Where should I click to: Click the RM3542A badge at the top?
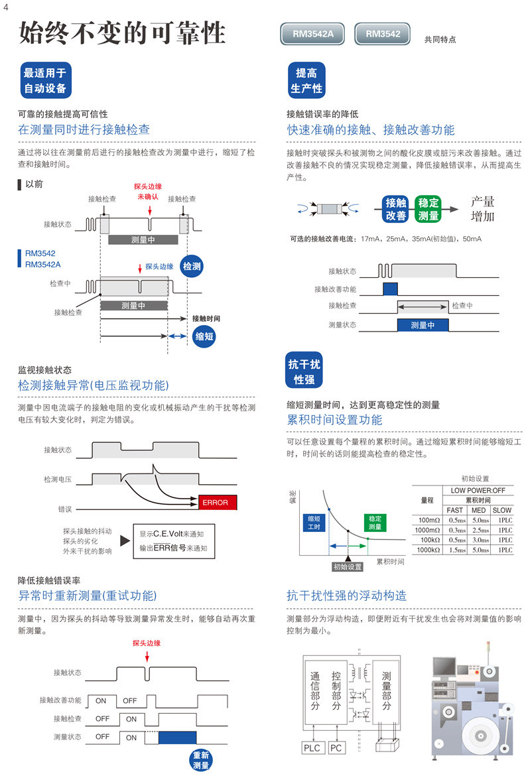click(313, 34)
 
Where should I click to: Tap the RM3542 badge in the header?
click(383, 34)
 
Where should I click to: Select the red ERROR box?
click(218, 502)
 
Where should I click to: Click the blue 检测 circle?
click(192, 267)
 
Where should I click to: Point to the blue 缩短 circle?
click(204, 337)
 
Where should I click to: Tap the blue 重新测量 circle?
click(201, 760)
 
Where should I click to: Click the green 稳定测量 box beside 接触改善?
click(428, 209)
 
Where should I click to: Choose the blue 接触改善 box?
click(396, 209)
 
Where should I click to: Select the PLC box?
click(312, 748)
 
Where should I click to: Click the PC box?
click(336, 748)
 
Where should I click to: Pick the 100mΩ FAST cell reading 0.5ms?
click(457, 520)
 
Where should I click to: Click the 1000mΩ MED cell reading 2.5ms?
click(480, 530)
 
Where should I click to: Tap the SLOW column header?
click(501, 510)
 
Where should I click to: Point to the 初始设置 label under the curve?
click(348, 566)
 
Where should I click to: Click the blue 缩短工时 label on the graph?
click(314, 523)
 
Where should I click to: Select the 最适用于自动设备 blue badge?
click(46, 80)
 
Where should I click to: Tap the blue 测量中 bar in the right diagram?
click(423, 325)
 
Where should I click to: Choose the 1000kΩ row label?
click(428, 550)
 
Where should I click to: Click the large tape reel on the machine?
click(478, 736)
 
